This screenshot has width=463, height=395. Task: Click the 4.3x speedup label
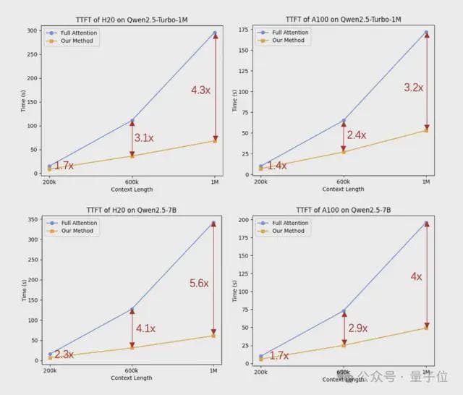tap(200, 90)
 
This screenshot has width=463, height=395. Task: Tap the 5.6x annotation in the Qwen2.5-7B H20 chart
tap(200, 284)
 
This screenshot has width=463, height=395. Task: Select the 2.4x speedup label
tap(356, 135)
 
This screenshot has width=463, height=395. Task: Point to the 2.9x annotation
tap(357, 328)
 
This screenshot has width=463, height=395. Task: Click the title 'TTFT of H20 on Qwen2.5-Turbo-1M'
tap(132, 17)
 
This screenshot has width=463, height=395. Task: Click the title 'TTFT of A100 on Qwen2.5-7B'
tap(343, 211)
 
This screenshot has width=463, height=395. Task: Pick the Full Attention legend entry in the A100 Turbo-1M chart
tap(289, 33)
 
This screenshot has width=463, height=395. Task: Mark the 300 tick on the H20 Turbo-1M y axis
tap(32, 30)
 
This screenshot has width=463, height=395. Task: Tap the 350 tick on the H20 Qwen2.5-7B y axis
tap(32, 219)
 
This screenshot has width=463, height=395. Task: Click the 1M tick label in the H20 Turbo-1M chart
tap(214, 181)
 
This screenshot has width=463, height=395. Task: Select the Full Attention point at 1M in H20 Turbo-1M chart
tap(215, 33)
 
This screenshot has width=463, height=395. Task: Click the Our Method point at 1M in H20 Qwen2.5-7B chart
tap(214, 336)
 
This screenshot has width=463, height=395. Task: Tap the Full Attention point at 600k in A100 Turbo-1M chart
tap(344, 120)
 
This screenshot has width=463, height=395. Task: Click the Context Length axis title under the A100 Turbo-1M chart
tap(343, 190)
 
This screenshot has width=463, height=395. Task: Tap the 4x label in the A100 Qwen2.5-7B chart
tap(416, 276)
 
